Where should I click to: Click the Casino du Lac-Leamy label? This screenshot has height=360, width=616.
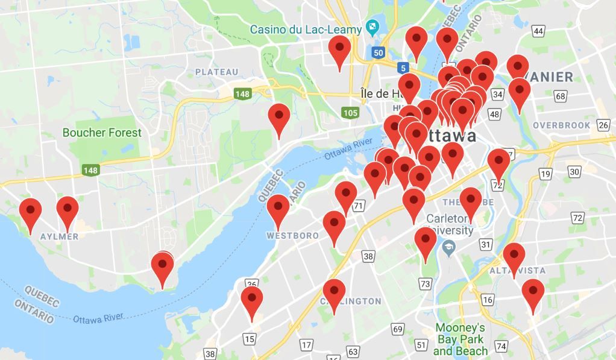306,29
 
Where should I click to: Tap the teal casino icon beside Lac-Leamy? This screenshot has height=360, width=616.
372,28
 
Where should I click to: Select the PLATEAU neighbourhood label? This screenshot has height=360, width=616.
217,72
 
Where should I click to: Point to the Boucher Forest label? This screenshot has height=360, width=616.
102,133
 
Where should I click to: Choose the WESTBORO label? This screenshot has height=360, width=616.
293,235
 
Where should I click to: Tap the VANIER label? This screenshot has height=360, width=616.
553,77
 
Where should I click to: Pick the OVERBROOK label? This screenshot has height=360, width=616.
562,125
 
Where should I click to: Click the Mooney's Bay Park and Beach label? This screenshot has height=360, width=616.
460,339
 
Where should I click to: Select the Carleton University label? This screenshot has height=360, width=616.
450,224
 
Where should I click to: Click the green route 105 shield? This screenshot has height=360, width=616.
350,112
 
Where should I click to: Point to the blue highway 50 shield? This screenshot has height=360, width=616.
378,52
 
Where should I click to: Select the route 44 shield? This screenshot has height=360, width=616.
538,31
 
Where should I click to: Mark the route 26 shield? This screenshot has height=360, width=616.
603,125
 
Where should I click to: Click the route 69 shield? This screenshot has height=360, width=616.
397,329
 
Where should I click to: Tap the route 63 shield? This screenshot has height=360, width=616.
353,351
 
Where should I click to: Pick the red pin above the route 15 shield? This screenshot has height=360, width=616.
251,302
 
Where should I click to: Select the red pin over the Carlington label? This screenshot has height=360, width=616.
334,294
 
